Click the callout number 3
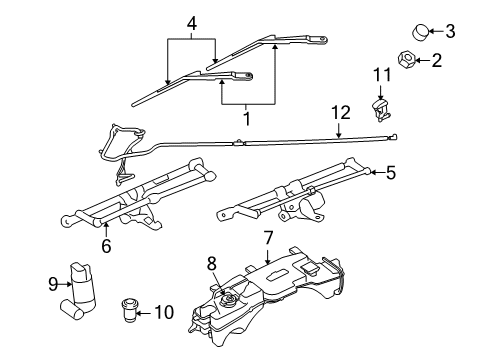click(450, 31)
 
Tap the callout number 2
click(436, 61)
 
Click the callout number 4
click(192, 19)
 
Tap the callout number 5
click(391, 172)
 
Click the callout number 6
click(106, 245)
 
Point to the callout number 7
click(269, 238)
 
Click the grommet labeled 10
click(128, 310)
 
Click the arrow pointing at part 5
click(374, 172)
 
